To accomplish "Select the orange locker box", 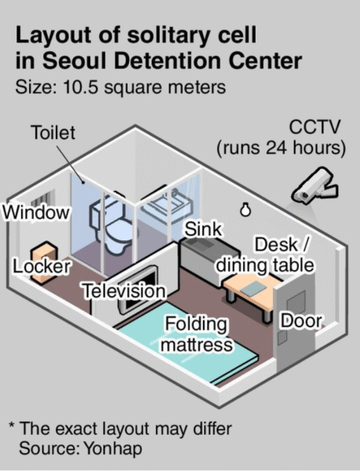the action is (44, 262).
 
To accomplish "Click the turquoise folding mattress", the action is (186, 342).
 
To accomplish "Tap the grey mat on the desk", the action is (253, 288).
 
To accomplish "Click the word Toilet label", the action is (53, 133).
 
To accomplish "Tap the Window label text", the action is (36, 213).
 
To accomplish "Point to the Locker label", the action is (42, 266).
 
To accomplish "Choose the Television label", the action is (124, 291).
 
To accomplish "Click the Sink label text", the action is (203, 229).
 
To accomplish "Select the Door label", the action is (301, 321).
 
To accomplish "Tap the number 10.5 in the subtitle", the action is (81, 87).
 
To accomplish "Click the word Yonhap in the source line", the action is (113, 448).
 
